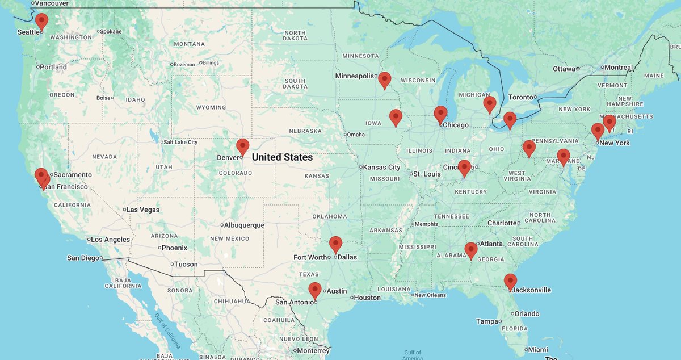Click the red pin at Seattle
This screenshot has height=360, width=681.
coord(41,21)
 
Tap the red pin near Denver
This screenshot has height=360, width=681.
coord(242,146)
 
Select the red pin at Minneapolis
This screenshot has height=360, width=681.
coord(385,79)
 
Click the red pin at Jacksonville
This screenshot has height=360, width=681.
coord(510,281)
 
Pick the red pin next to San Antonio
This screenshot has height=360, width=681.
coord(314,290)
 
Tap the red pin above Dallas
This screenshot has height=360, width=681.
coord(335,244)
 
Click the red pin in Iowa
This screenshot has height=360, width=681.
coord(396,117)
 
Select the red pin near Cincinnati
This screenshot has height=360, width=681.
coord(464,168)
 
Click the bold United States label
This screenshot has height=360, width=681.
coord(282,157)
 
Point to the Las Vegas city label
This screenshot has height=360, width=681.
coord(142,210)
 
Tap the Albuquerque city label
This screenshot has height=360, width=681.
coord(244,225)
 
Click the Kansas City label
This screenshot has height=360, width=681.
coord(382,167)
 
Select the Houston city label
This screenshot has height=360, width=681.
coord(368,298)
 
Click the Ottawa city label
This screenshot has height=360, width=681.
coord(564,69)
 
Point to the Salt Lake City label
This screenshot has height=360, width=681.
coord(181,143)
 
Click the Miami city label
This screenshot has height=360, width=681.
coord(537,350)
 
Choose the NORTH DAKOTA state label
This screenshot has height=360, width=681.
coord(295,35)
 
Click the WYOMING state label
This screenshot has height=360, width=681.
coord(211,107)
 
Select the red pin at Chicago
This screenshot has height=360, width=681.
coord(440,114)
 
